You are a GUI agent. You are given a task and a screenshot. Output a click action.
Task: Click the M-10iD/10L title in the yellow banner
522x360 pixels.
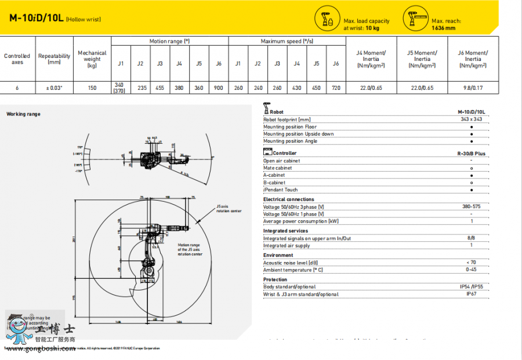37,18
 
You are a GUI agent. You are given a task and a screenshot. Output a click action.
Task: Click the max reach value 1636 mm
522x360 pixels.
444,27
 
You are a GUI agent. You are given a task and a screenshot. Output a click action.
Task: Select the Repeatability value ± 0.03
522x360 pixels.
55,88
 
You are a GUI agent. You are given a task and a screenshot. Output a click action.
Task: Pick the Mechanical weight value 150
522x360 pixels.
92,88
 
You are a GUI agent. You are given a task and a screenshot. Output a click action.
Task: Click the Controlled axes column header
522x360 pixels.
17,59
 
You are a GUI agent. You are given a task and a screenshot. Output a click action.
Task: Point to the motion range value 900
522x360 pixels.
218,88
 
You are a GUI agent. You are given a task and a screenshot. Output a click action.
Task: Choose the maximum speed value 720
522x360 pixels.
336,88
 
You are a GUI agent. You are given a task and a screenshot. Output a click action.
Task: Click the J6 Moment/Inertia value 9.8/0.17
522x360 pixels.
473,88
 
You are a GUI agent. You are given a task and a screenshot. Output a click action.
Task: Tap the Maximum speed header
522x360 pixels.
287,42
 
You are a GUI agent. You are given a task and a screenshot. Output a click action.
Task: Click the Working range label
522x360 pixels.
24,114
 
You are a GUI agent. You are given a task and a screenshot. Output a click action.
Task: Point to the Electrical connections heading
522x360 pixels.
289,199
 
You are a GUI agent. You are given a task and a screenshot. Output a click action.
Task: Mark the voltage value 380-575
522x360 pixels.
472,206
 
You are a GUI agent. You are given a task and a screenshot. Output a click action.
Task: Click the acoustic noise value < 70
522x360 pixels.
472,263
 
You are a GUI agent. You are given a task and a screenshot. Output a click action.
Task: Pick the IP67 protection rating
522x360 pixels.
472,294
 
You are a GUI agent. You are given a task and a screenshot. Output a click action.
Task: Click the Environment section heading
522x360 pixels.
278,255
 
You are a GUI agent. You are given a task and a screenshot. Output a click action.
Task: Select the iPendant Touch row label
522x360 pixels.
281,190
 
